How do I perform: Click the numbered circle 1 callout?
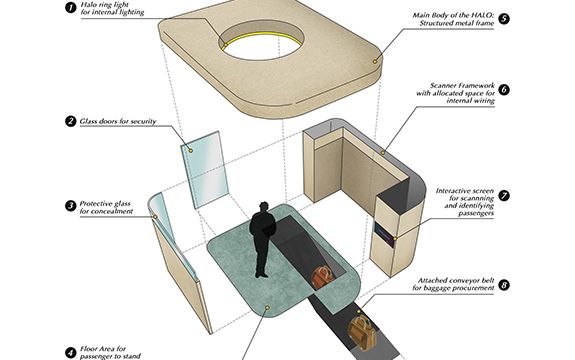coord(71,7)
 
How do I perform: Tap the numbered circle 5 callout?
coord(504,19)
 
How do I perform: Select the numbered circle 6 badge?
coord(504,89)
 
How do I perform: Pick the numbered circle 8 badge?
coord(504,285)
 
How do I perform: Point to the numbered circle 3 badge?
coord(71,206)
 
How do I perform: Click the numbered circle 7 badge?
coord(504,196)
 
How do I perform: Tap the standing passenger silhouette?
coord(262,239)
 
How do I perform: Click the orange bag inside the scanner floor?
coord(322,277)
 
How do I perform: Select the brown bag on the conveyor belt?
coord(362,333)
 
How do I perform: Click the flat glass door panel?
coord(205,170)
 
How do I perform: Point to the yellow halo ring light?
coord(261,38)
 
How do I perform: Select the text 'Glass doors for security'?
coord(118,121)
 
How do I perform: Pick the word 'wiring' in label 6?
coord(483,101)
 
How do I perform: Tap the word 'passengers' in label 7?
coord(476,213)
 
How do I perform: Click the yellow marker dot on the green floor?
coord(267,307)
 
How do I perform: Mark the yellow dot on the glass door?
coord(191,150)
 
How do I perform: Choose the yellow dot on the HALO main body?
coord(375,62)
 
